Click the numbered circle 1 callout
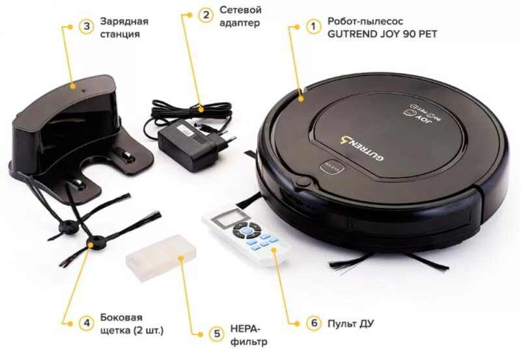click(x=314, y=27)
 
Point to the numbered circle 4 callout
click(x=86, y=322)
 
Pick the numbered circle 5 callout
click(x=217, y=333)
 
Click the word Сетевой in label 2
click(x=240, y=10)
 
